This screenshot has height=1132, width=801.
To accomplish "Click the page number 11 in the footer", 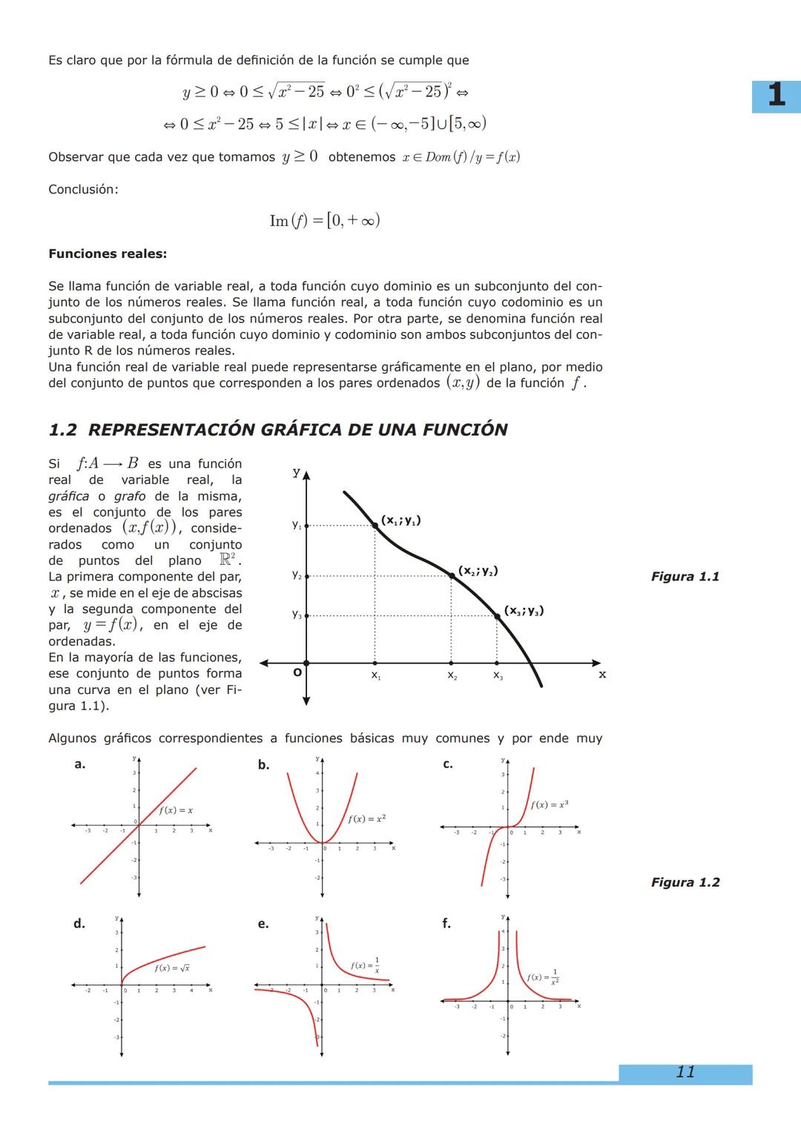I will (685, 1072).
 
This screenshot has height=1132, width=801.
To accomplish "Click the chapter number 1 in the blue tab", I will (776, 96).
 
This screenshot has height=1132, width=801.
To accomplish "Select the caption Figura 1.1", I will (685, 577).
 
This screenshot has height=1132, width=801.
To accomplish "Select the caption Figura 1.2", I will (685, 882).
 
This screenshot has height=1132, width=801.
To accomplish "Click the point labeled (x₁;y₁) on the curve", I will (375, 525).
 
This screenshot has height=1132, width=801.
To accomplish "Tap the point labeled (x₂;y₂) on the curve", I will (451, 575).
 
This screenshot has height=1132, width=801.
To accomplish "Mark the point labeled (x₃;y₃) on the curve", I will (497, 615).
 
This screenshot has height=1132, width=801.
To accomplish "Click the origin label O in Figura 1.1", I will (297, 673).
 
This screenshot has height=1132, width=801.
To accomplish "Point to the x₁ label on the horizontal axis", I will (375, 676).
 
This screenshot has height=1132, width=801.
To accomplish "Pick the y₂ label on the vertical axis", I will (296, 575).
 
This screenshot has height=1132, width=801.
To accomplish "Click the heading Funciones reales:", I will (108, 254).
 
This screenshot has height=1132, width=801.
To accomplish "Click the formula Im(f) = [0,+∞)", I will (324, 220).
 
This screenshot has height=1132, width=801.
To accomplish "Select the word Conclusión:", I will (83, 189).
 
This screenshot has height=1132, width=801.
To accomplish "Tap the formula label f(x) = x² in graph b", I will (366, 818).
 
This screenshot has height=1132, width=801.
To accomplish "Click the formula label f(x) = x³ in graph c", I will (550, 804).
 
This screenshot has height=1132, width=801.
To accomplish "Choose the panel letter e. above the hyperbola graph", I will (263, 924).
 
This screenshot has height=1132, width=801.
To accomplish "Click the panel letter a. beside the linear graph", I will (79, 764).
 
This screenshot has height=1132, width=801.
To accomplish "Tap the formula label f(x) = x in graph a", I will (176, 810).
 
